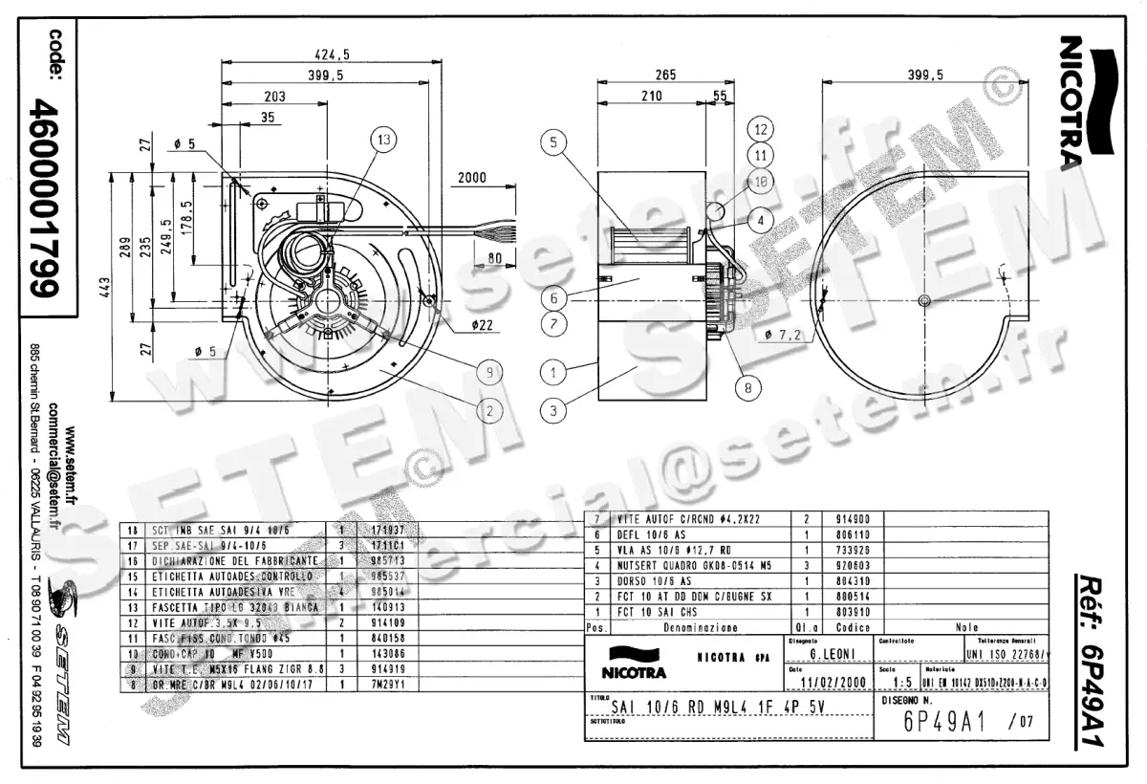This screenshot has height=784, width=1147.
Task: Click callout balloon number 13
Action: (383, 141)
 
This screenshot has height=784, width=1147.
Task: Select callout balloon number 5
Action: (552, 143)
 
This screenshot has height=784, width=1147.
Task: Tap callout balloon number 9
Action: (487, 371)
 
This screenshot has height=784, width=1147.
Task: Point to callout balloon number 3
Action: (552, 411)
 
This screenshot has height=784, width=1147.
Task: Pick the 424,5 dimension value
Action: (332, 54)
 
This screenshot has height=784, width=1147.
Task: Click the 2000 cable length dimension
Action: (472, 178)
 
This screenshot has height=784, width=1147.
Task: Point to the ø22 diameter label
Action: (483, 324)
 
